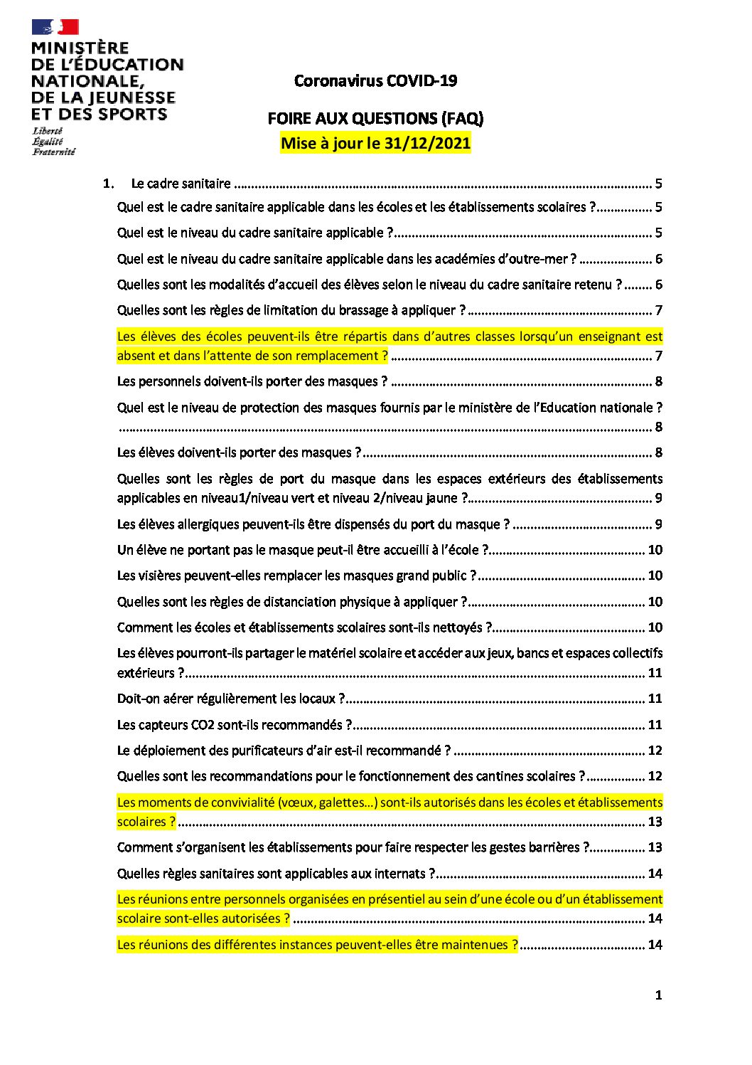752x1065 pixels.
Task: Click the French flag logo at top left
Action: (55, 28)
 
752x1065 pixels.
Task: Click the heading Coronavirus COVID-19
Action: (375, 81)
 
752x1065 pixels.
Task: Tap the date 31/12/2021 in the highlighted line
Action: (427, 143)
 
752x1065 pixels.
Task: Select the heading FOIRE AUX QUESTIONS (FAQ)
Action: (375, 118)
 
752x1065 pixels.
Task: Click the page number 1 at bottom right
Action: (658, 995)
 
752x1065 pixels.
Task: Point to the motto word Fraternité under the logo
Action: (53, 152)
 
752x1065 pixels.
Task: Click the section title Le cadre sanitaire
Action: (181, 184)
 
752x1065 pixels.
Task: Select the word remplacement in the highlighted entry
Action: (338, 356)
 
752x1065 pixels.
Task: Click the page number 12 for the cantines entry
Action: (654, 776)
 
